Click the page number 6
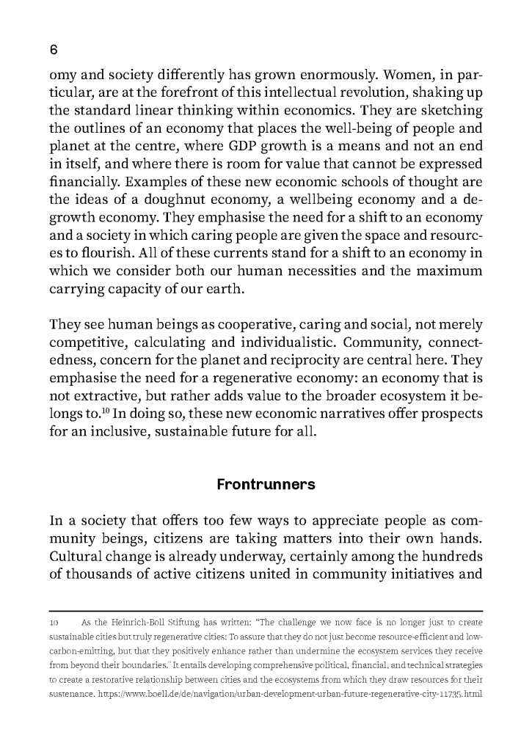click(x=53, y=50)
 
